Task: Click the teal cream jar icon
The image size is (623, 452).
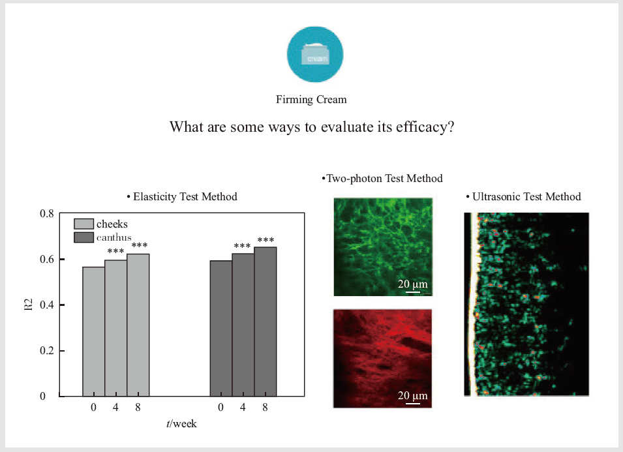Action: (x=315, y=54)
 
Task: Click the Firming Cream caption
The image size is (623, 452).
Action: (x=311, y=99)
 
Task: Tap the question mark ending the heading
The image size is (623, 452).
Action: (x=451, y=127)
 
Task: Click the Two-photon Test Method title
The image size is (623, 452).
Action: (x=382, y=178)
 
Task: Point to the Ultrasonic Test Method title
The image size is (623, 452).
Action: (x=524, y=196)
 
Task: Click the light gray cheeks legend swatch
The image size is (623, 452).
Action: (x=84, y=224)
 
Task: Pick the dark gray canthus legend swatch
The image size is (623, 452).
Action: (x=84, y=237)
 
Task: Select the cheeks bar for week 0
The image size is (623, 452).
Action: (x=94, y=331)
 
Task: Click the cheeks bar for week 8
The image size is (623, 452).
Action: (x=138, y=325)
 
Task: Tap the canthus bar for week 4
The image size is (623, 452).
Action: (x=243, y=325)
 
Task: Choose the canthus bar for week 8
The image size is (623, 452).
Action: (x=266, y=322)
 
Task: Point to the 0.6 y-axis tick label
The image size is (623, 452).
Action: (x=46, y=260)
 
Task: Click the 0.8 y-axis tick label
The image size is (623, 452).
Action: (x=46, y=214)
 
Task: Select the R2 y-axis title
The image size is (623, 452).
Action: (x=29, y=304)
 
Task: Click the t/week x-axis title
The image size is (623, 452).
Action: (x=181, y=424)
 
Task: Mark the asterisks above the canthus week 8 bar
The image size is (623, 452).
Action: (x=266, y=239)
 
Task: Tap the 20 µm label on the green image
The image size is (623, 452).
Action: (x=413, y=284)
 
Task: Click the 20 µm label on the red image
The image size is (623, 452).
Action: (x=413, y=396)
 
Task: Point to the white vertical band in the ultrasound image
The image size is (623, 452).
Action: (x=472, y=304)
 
